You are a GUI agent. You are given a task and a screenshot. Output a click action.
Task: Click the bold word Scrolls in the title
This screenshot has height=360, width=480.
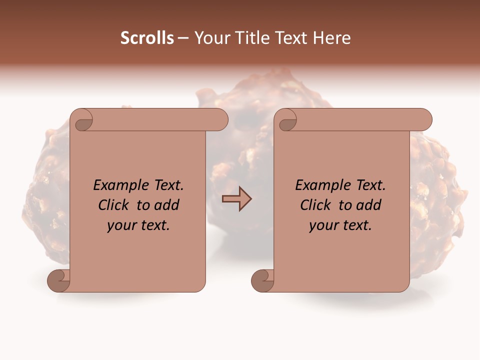tap(147, 38)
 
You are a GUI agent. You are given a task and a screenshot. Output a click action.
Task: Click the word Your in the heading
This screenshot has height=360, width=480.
tap(211, 38)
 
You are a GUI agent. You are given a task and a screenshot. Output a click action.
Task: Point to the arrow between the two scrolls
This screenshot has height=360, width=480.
tap(236, 199)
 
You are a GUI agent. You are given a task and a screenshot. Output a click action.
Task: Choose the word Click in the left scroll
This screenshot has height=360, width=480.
tap(114, 205)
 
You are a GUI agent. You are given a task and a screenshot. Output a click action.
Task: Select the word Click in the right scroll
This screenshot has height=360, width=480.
tap(316, 205)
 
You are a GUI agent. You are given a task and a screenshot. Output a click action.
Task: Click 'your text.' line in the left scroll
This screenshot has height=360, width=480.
tap(138, 225)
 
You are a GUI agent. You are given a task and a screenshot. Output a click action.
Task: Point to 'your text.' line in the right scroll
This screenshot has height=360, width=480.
tap(340, 225)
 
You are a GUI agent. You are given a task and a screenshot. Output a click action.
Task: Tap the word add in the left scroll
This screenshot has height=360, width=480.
tap(167, 205)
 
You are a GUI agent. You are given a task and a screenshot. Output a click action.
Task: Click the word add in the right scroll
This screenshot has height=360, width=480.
tap(369, 205)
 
